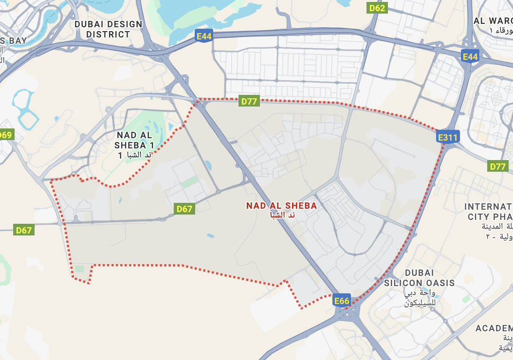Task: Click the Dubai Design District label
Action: tap(108, 29)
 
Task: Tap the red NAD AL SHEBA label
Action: tap(281, 206)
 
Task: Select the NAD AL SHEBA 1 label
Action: tap(135, 140)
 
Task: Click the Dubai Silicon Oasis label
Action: tap(419, 278)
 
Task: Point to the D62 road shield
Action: tap(377, 8)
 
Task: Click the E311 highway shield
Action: tap(447, 137)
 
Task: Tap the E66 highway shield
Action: tap(342, 301)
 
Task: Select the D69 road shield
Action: tap(6, 135)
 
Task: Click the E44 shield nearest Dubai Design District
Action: tap(204, 36)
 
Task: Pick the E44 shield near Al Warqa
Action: tap(470, 57)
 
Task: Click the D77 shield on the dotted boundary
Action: tap(249, 101)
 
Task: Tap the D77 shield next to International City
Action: tap(497, 167)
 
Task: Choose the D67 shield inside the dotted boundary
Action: tap(184, 209)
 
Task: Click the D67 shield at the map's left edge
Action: tap(23, 230)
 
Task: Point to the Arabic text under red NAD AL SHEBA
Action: tap(281, 215)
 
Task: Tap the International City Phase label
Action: tap(489, 212)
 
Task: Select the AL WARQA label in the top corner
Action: tap(493, 21)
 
